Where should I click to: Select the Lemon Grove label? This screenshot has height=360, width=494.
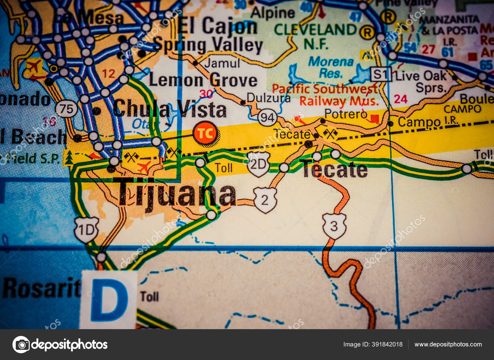pyautogui.click(x=203, y=80)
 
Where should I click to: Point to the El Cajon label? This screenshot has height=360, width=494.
pyautogui.click(x=218, y=26)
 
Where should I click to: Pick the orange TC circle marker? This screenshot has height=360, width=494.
pyautogui.click(x=206, y=133)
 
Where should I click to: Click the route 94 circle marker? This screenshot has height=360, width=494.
pyautogui.click(x=267, y=118)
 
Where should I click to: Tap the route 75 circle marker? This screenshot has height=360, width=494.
pyautogui.click(x=66, y=109)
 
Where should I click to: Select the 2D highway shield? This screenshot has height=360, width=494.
pyautogui.click(x=258, y=164)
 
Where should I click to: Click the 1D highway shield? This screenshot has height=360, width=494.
pyautogui.click(x=86, y=230)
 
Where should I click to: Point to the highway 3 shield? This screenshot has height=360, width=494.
pyautogui.click(x=334, y=226)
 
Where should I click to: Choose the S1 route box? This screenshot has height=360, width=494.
pyautogui.click(x=381, y=74)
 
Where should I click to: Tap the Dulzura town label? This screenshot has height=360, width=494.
pyautogui.click(x=269, y=98)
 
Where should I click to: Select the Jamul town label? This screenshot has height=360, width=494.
pyautogui.click(x=222, y=63)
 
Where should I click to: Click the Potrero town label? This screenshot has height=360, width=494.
pyautogui.click(x=345, y=114)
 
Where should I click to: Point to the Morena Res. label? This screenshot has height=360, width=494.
pyautogui.click(x=331, y=67)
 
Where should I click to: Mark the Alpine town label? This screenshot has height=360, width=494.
pyautogui.click(x=273, y=13)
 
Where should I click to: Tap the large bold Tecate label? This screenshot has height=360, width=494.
pyautogui.click(x=335, y=170)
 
